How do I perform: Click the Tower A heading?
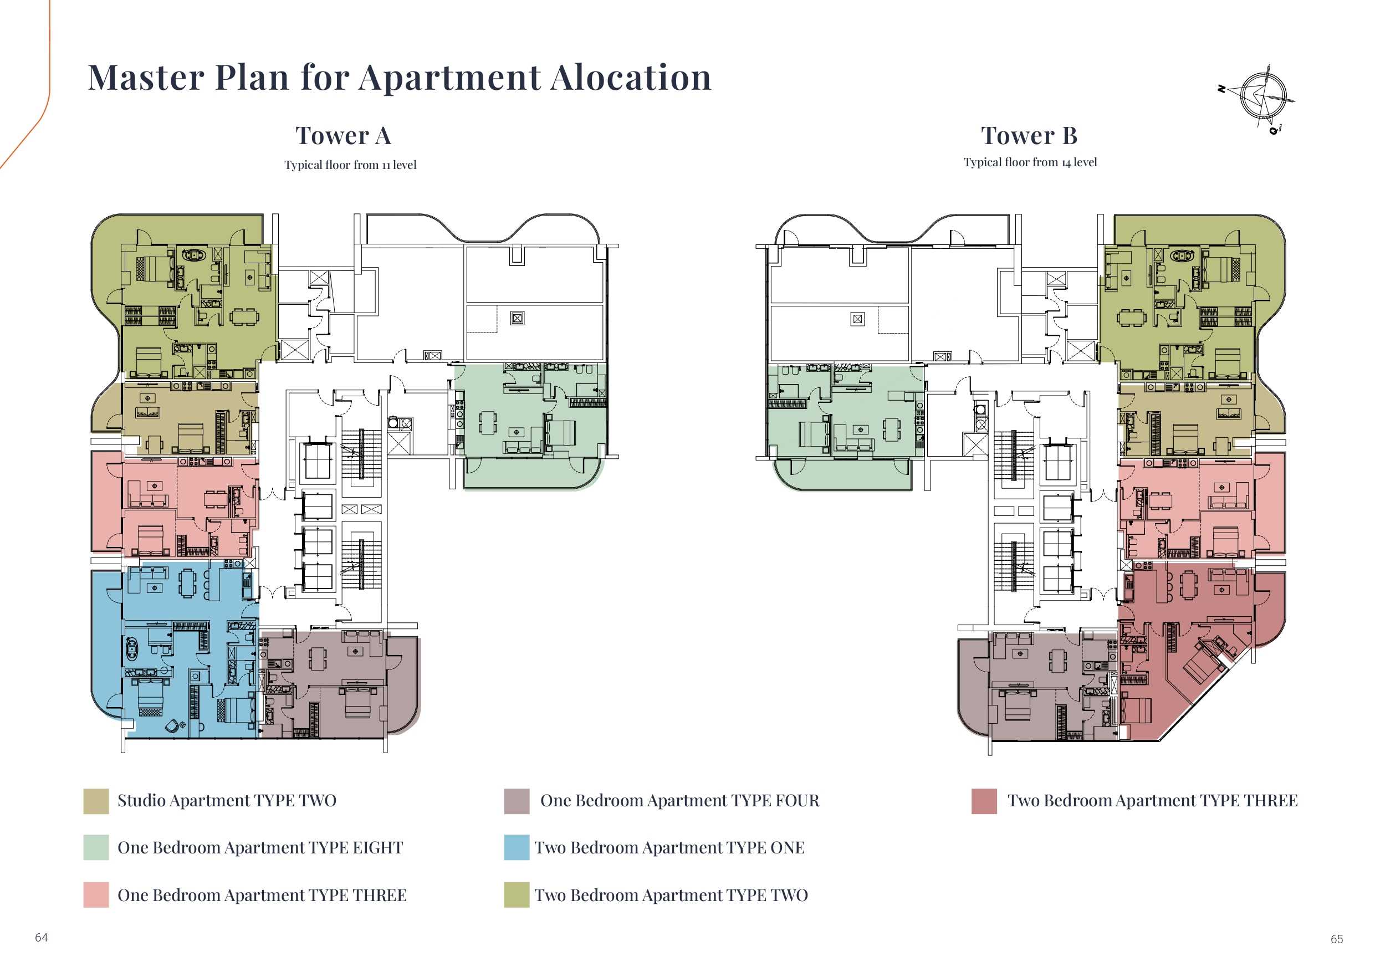coord(343,136)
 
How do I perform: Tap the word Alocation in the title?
coord(631,77)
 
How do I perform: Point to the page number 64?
coord(42,937)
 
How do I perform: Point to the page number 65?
coord(1337,939)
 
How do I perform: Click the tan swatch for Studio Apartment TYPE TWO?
coord(96,801)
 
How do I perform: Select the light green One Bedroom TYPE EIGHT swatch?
coord(96,847)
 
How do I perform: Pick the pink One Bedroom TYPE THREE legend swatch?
coord(96,895)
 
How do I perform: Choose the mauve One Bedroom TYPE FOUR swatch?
coord(517,801)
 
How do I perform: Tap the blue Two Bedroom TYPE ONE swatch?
coord(517,847)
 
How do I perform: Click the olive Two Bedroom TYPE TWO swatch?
coord(517,895)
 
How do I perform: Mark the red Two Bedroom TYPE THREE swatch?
coord(984,801)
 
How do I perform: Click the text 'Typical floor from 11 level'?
coord(350,165)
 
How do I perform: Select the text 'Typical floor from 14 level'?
coord(1030,162)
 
